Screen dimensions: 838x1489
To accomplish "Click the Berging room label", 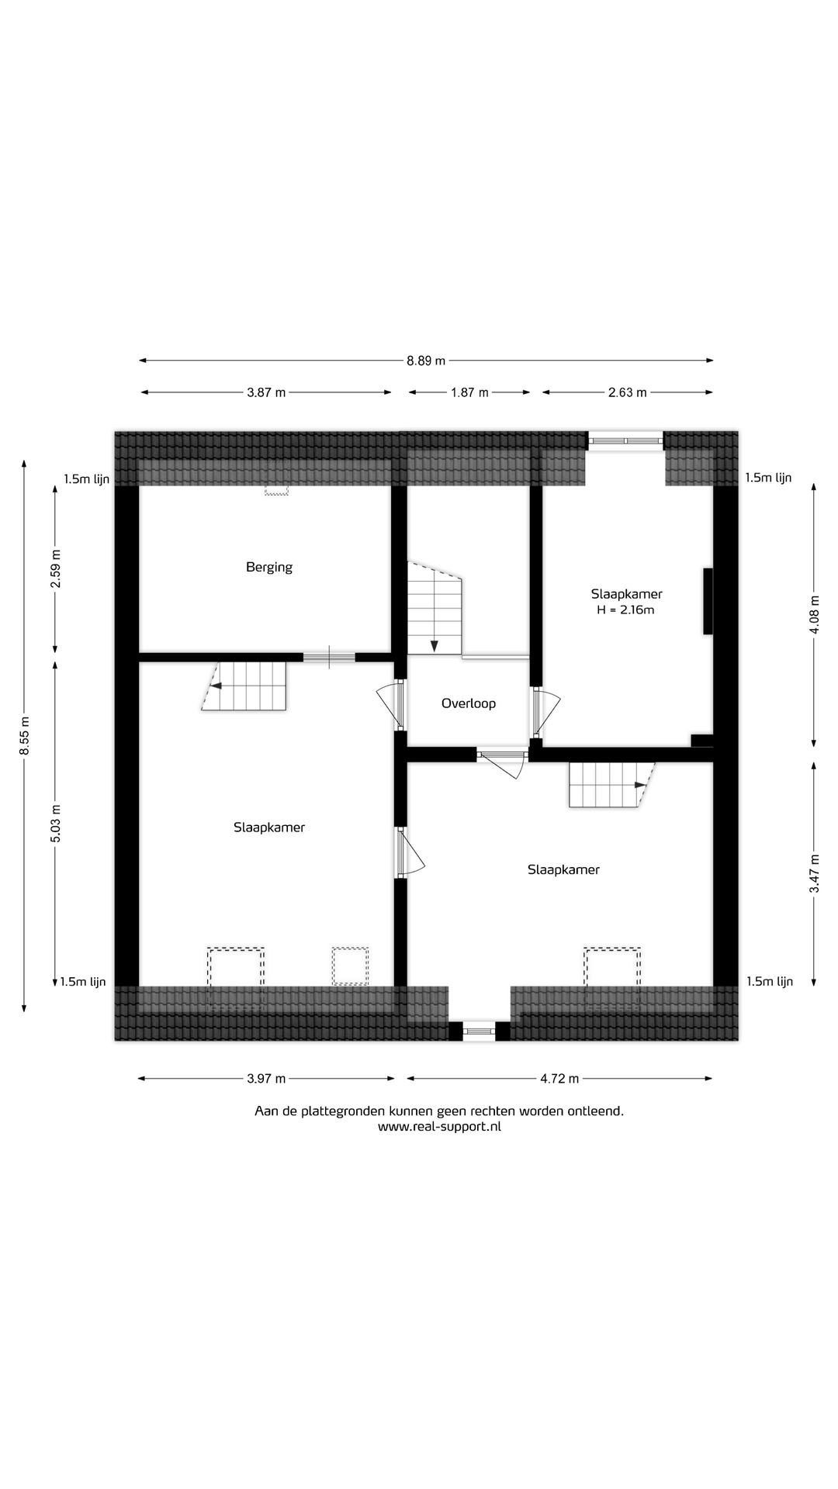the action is (269, 567).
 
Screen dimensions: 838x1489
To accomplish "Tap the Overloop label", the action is (468, 703).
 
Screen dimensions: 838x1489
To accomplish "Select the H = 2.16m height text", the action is (625, 610).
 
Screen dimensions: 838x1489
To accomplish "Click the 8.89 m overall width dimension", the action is (426, 360).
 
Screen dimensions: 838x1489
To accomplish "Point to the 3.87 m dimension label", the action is (266, 392).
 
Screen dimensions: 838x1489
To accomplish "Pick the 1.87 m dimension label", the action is (469, 392).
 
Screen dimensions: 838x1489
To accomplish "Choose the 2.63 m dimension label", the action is (627, 392).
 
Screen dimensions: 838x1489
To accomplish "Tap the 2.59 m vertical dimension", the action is (55, 568).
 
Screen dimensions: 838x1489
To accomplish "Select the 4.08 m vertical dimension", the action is (814, 615).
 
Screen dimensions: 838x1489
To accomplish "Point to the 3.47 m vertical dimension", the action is (814, 873).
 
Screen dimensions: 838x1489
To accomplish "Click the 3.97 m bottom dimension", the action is (266, 1078).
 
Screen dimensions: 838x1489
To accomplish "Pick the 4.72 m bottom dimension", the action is (559, 1078).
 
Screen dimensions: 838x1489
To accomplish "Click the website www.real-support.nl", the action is (439, 1127).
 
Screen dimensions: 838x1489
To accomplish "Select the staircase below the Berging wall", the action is (245, 686).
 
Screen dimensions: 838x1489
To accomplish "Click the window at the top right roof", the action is (626, 440).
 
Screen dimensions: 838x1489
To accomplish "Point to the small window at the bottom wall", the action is (480, 1031).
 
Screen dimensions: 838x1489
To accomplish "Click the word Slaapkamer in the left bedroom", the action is (269, 827).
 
